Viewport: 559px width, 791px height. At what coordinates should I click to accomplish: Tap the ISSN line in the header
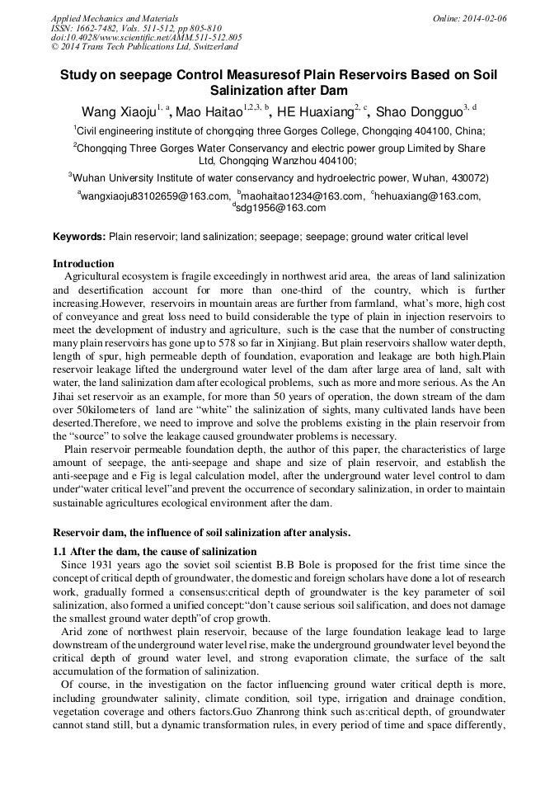[x=132, y=28]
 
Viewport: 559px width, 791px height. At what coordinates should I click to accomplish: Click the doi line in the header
[x=146, y=37]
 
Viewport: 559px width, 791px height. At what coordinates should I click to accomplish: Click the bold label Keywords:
[x=79, y=237]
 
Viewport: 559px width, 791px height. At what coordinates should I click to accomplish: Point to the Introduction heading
[x=83, y=264]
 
